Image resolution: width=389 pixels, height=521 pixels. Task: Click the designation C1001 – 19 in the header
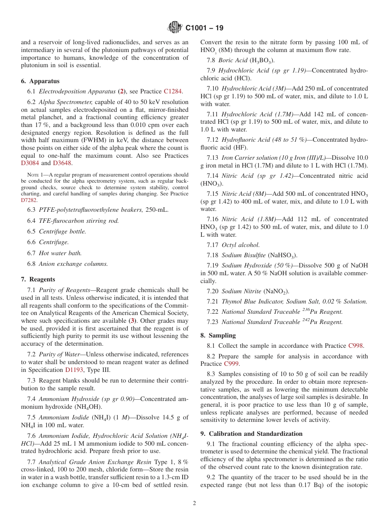pos(204,28)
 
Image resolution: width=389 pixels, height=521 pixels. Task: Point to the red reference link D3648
pos(62,163)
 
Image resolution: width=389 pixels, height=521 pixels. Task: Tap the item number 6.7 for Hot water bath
pos(32,253)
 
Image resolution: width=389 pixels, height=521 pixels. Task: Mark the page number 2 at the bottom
pos(194,503)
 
